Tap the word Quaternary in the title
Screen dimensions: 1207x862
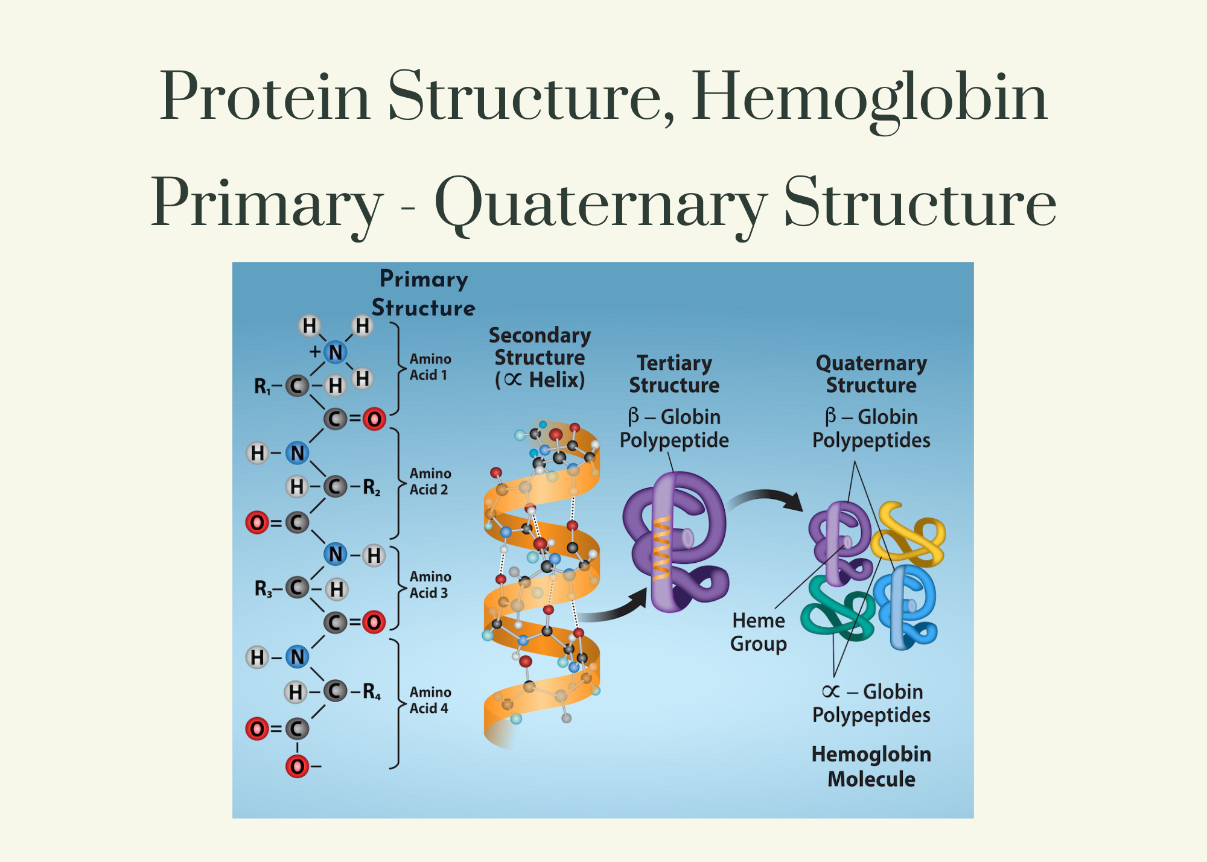pos(600,204)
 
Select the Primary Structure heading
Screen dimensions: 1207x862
pos(423,294)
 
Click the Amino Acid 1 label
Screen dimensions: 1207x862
pos(430,367)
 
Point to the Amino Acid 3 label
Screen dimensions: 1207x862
pos(430,585)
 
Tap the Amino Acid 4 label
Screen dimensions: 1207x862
pos(430,700)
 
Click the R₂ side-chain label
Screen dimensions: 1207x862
pos(371,487)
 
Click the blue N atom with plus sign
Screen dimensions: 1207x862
pos(336,352)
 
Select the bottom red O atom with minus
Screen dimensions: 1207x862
pos(297,767)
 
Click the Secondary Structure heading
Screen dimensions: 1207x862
pos(540,357)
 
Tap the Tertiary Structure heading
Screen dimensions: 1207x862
pos(674,374)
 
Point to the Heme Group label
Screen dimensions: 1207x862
pos(759,632)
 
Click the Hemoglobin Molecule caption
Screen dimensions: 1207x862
pos(871,766)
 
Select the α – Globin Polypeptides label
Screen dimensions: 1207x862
pos(871,703)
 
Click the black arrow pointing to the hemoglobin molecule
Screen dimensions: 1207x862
pos(766,498)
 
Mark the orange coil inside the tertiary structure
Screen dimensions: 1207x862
pos(661,546)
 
